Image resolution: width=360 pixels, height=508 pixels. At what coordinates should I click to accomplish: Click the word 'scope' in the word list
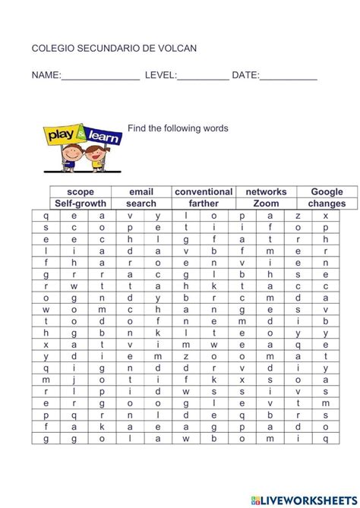click(81, 192)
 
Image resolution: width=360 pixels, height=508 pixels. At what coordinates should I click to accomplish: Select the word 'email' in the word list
click(141, 192)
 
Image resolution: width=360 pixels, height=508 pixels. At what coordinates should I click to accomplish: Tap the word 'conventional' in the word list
click(204, 192)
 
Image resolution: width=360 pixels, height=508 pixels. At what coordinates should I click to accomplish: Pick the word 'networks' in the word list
click(266, 192)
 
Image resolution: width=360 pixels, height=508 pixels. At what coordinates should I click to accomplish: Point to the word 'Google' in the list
click(327, 192)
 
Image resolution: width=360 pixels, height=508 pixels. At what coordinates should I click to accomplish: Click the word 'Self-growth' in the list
click(81, 204)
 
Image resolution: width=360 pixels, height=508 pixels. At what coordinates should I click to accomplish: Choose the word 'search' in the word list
click(141, 204)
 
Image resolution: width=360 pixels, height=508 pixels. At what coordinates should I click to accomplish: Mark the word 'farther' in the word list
click(204, 204)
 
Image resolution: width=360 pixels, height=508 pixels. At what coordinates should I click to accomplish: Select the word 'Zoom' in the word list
click(266, 204)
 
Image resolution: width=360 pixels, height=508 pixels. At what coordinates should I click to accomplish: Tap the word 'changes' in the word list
click(327, 204)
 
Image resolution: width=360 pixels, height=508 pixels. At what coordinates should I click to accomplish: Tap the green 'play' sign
click(60, 136)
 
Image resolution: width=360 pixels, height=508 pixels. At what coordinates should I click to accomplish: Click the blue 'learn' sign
click(103, 136)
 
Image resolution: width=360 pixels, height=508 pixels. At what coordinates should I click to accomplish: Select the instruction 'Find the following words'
click(178, 128)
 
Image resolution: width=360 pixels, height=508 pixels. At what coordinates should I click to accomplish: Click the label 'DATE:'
click(245, 75)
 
